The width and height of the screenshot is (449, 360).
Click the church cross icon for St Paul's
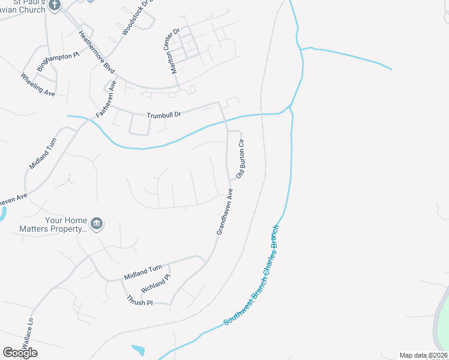pyautogui.click(x=55, y=5)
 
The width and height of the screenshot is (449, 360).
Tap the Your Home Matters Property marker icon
pyautogui.click(x=97, y=224)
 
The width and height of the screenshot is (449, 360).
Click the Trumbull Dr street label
pyautogui.click(x=164, y=114)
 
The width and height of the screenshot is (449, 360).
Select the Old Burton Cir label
pyautogui.click(x=241, y=159)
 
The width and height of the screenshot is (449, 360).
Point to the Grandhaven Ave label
pyautogui.click(x=224, y=211)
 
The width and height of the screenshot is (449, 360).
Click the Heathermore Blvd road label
pyautogui.click(x=96, y=52)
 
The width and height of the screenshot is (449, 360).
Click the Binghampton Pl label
pyautogui.click(x=58, y=62)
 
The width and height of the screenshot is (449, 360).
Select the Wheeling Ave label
pyautogui.click(x=38, y=85)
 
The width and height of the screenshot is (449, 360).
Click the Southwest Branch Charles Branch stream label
pyautogui.click(x=252, y=276)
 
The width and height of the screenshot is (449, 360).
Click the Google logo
pyautogui.click(x=20, y=353)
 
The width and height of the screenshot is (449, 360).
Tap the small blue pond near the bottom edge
pyautogui.click(x=137, y=349)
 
